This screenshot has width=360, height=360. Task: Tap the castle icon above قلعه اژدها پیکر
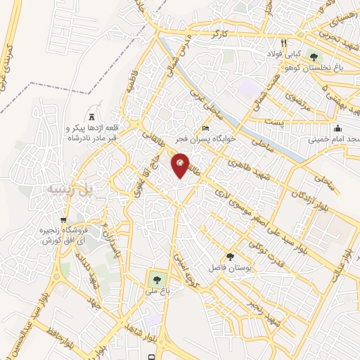[91, 115]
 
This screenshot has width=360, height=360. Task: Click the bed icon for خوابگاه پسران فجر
[205, 128]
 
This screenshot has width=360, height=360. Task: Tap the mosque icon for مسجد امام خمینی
[338, 128]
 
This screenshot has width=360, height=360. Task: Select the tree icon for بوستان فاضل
[231, 257]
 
